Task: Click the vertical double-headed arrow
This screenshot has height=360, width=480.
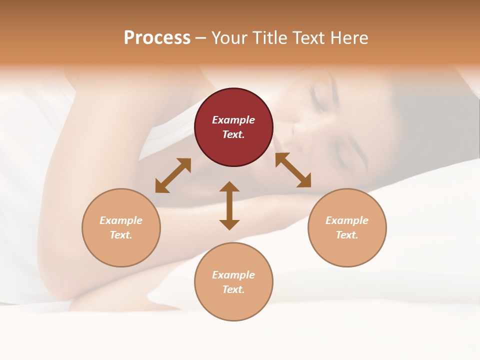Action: click(x=229, y=205)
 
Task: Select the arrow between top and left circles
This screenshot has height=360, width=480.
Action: click(x=173, y=175)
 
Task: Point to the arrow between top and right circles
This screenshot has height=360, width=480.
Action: click(x=293, y=170)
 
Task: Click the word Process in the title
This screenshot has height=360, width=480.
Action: click(x=157, y=37)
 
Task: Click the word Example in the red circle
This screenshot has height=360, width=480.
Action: click(x=233, y=120)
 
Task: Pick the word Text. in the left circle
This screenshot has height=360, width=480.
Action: click(x=121, y=235)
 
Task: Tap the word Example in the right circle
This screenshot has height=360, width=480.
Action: click(x=347, y=220)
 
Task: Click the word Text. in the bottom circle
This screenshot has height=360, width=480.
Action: click(x=233, y=289)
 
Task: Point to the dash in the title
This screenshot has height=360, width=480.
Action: click(x=201, y=38)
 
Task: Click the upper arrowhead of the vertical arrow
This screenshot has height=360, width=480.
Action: click(x=229, y=187)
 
